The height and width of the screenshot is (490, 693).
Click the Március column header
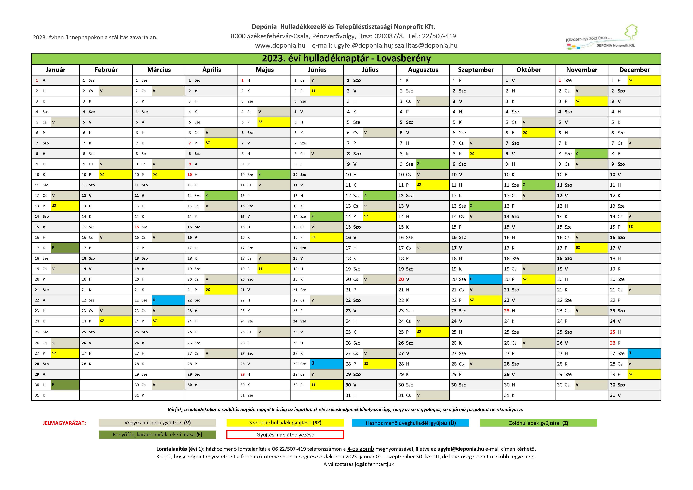[x=159, y=70]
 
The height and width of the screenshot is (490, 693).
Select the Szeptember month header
[x=476, y=70]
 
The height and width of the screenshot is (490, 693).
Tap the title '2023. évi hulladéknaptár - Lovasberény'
[x=346, y=58]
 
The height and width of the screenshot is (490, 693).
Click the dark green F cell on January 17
[x=65, y=248]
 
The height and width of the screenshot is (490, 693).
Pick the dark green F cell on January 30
[x=65, y=385]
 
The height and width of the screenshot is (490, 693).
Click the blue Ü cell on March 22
[x=168, y=300]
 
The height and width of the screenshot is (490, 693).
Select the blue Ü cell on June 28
[x=327, y=364]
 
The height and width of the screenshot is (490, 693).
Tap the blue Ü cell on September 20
[x=485, y=279]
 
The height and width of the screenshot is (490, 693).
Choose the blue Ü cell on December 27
[x=644, y=353]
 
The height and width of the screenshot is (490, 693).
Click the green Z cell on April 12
[x=221, y=196]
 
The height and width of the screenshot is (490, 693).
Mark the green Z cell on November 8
[x=591, y=154]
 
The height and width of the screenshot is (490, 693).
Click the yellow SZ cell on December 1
[x=644, y=80]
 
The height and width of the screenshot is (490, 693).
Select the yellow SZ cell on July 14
[x=379, y=216]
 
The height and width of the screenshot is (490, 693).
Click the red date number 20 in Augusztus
[x=401, y=279]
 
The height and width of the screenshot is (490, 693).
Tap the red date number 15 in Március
[x=137, y=227]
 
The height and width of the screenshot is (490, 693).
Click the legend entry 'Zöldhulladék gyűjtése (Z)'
[x=538, y=423]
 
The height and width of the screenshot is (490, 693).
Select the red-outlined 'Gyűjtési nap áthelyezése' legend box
[x=285, y=434]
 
